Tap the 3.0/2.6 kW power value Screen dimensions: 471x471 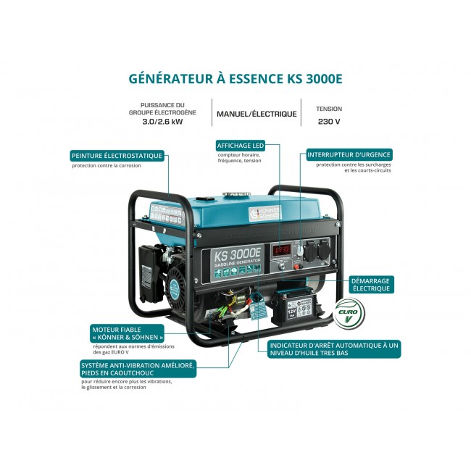[x=164, y=122]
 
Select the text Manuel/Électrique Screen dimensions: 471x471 [x=257, y=114]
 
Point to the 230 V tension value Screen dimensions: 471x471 [x=329, y=122]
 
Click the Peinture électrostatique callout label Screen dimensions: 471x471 [x=117, y=156]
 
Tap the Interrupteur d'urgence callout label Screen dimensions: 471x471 [x=349, y=154]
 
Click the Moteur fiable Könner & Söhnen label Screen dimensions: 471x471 [x=128, y=333]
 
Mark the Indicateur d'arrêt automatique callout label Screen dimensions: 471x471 [x=334, y=350]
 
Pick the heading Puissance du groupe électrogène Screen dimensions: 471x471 [x=164, y=109]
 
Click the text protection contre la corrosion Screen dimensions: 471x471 [x=107, y=166]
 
